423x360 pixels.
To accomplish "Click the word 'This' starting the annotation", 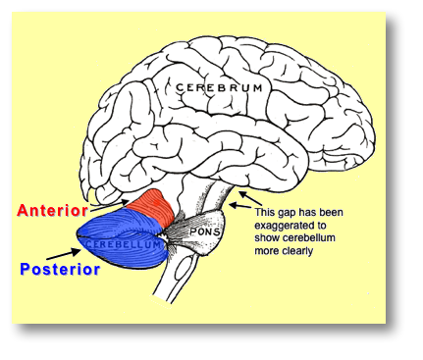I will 265,210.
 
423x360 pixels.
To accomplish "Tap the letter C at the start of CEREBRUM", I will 180,88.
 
